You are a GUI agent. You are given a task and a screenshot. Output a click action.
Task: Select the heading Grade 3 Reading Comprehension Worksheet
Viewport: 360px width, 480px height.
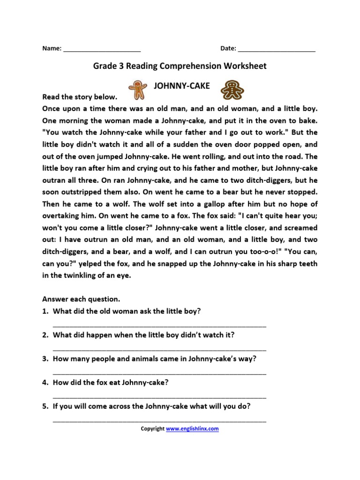point(180,66)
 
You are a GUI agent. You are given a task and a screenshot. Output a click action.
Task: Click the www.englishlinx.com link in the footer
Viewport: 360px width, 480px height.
point(192,428)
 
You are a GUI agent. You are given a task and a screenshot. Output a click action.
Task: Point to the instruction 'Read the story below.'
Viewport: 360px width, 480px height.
point(80,97)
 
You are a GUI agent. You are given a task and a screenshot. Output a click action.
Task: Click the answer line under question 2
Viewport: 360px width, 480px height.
point(159,350)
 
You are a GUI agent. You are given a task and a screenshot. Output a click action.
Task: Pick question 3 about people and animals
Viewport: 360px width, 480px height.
point(155,359)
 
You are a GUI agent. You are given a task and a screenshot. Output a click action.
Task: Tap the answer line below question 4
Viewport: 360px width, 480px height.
point(159,397)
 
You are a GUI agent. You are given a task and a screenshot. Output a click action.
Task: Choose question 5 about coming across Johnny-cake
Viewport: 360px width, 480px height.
point(152,406)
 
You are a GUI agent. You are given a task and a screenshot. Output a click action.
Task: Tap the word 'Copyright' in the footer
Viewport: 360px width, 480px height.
point(153,428)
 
